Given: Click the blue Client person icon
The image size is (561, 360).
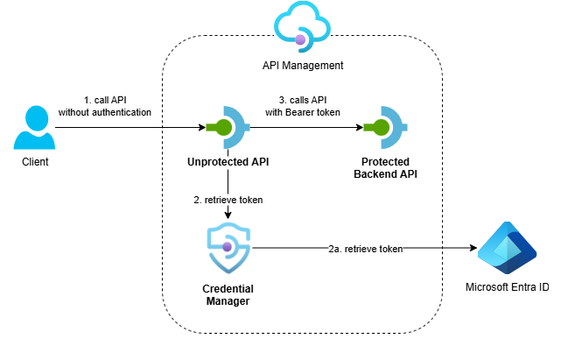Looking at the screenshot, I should point(36,127).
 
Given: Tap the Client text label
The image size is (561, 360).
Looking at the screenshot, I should point(36,162).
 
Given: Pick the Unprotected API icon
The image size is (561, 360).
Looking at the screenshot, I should point(228,128).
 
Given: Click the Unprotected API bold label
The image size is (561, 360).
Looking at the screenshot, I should point(228,162).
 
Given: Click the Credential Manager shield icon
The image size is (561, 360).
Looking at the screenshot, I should point(228,248).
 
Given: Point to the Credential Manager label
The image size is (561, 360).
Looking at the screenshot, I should point(228,294).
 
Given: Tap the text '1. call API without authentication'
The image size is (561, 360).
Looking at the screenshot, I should point(105,106).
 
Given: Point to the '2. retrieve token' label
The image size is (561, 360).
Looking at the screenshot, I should point(228,200).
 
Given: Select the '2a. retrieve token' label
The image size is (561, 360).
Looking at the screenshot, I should point(366,249).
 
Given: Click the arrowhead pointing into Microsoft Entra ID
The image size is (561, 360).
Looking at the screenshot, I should point(470,249).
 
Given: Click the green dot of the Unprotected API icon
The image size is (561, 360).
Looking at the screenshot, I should point(224,128).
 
